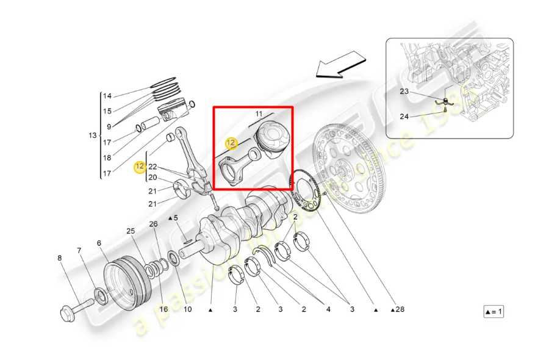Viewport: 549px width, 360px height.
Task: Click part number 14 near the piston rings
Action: [107, 96]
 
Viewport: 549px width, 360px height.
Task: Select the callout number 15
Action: [107, 111]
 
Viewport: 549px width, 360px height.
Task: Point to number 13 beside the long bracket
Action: [93, 135]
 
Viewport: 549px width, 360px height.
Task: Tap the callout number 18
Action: [107, 157]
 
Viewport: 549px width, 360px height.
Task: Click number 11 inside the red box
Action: [259, 114]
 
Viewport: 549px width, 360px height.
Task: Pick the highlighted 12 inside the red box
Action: [231, 143]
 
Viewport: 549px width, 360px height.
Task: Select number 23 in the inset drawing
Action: [404, 92]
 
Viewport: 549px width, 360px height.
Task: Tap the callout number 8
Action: [60, 258]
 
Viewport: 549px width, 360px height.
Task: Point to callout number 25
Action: [131, 231]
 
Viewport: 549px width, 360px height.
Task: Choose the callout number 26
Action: [153, 224]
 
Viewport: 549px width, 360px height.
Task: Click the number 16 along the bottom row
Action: [163, 309]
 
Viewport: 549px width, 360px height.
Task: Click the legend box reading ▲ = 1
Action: [493, 312]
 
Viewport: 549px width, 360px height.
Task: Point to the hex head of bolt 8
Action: [66, 314]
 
